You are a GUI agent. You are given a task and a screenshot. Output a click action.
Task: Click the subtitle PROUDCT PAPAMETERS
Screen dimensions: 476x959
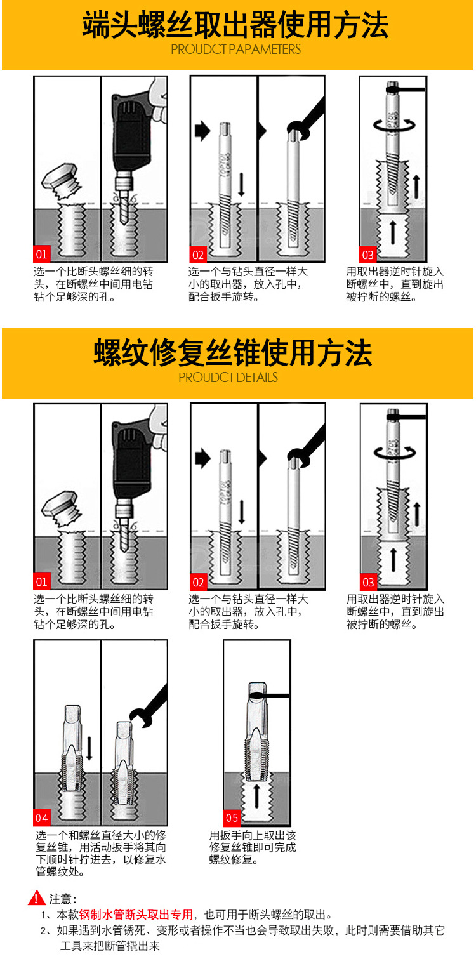236,50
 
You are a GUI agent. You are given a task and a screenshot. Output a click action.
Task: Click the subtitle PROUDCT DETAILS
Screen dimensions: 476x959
228,378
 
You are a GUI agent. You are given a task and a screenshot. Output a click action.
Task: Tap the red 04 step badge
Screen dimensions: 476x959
42,817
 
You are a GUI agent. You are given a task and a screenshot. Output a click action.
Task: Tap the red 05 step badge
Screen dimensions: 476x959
232,817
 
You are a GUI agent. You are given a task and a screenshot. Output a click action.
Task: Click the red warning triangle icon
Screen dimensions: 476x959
37,897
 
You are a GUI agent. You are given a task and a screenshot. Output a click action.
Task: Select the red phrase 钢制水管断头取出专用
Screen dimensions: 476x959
136,915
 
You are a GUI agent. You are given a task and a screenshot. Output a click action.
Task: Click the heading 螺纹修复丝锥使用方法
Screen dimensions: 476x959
233,352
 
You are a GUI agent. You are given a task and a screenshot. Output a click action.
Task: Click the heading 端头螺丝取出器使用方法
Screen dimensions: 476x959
236,25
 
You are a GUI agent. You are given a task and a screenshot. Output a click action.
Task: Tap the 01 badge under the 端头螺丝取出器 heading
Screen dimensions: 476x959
42,254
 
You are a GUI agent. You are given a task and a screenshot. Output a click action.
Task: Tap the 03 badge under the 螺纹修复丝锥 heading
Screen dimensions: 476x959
369,582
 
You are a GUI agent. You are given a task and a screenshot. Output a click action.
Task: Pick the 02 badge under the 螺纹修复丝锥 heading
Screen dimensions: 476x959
198,582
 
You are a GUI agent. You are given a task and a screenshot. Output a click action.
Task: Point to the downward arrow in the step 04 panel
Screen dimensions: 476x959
89,748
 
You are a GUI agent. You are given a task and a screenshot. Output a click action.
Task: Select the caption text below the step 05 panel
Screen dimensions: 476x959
252,847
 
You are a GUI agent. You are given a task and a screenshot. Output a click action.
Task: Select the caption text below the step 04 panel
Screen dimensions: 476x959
100,853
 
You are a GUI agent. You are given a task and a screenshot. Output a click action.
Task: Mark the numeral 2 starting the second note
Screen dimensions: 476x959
44,930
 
